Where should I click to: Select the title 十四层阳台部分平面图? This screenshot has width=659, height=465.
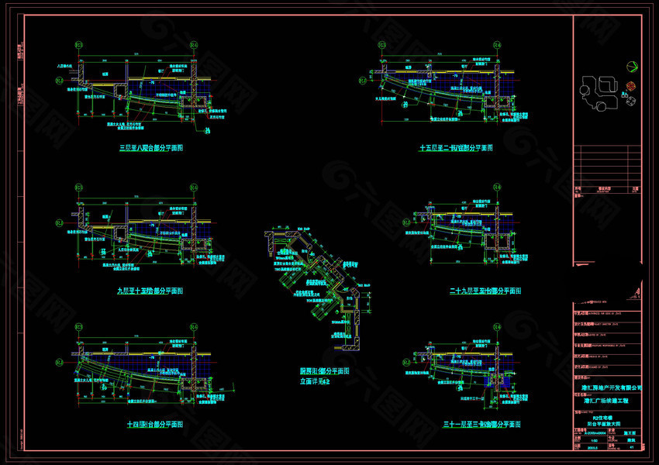click(x=156, y=425)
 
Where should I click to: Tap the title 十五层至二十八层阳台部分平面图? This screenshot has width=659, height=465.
click(x=457, y=147)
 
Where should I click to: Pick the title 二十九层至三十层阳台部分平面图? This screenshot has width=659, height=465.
click(x=485, y=291)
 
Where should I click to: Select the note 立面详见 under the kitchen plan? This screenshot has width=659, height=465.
click(x=316, y=381)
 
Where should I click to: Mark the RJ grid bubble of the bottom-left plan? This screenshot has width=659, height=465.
click(x=60, y=362)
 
